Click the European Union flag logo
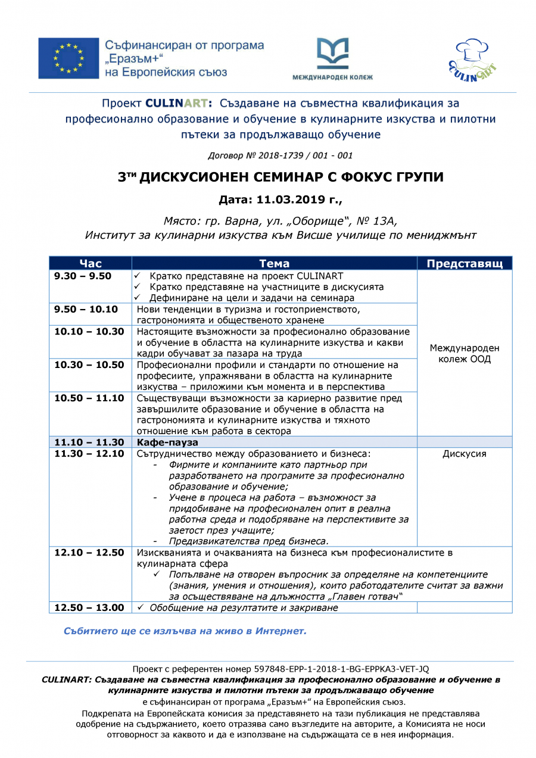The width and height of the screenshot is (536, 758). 68,58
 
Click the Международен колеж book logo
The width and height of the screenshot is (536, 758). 332,54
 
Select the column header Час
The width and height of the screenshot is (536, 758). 90,263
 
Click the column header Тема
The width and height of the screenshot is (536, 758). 274,263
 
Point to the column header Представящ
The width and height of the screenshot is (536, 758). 465,263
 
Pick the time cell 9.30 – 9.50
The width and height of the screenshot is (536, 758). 83,276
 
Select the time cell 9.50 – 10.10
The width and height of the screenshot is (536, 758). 86,309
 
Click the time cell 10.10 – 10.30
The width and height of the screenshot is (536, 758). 89,332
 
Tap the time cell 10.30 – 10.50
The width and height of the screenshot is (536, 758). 89,365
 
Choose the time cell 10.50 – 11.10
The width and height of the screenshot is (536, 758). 89,398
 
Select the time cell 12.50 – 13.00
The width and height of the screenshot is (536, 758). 89,607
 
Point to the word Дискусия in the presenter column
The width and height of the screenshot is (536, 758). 464,454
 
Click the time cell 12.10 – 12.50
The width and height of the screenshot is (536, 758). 89,553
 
